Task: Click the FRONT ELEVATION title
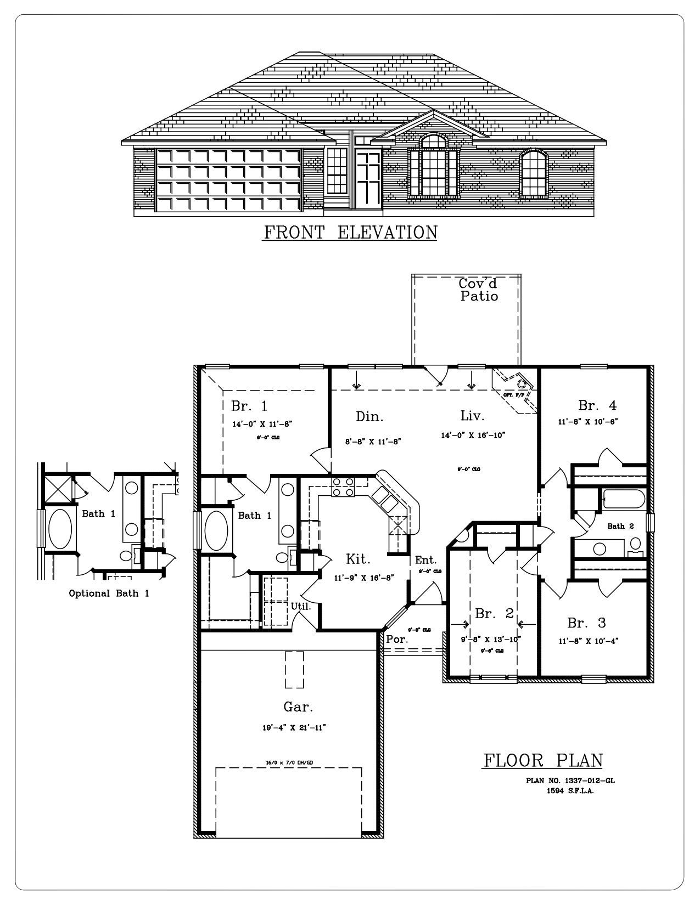click(350, 233)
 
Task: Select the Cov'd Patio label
click(479, 290)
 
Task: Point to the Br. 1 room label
click(249, 406)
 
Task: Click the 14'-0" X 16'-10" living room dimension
click(473, 435)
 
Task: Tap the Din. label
click(369, 417)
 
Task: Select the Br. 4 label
click(597, 405)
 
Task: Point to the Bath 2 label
click(620, 526)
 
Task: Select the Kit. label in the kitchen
click(358, 559)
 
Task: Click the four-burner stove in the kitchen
click(343, 487)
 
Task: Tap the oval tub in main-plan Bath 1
click(216, 530)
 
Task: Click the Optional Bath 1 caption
click(109, 593)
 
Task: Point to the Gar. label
click(298, 706)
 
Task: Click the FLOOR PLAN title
click(543, 760)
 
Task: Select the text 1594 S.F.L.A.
click(570, 791)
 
